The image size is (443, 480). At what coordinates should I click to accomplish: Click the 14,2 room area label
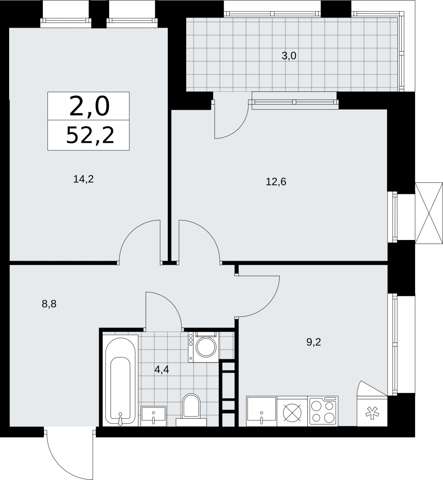point(84,179)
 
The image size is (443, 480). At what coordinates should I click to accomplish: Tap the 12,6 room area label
point(276,181)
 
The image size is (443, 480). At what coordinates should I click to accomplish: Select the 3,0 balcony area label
point(289,56)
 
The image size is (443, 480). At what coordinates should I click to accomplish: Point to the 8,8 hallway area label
point(49,304)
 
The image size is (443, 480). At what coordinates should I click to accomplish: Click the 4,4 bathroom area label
point(162,369)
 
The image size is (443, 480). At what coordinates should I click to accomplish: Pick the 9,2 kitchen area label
point(314,342)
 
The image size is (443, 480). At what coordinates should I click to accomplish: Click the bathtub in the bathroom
point(120,381)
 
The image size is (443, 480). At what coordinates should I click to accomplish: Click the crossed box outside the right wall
point(429,213)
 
